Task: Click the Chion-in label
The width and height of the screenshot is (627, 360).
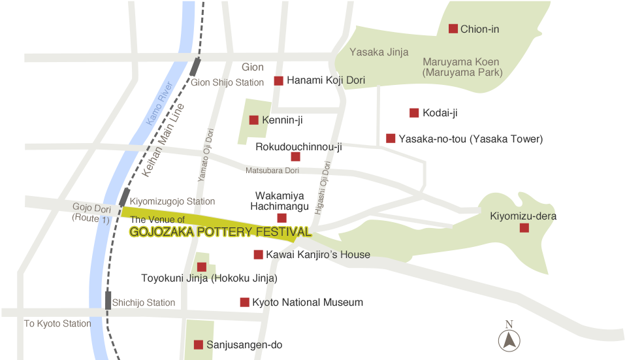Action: pos(479,29)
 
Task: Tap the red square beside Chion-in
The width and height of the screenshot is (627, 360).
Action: pos(453,29)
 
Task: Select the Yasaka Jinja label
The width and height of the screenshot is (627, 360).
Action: pos(379,52)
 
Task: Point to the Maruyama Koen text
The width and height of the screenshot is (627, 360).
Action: pos(461,62)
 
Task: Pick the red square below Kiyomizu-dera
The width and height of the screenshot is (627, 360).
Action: pos(524,227)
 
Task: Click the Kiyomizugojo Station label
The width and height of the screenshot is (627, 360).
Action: pos(172,202)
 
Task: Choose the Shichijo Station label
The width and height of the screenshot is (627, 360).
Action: pos(144,303)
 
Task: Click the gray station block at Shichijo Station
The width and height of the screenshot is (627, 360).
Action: pos(108,300)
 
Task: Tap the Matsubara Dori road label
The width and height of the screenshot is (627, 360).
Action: pos(272,171)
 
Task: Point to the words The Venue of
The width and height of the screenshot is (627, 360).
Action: pos(157,220)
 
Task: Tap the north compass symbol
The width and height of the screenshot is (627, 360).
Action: pos(509,338)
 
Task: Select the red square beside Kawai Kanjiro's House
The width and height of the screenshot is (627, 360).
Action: pos(258,254)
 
